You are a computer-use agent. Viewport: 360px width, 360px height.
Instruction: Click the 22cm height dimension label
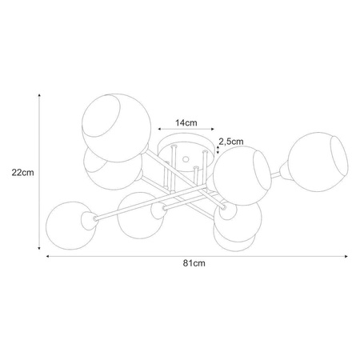[x=22, y=173]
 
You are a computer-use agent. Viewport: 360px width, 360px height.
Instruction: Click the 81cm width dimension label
[x=194, y=263]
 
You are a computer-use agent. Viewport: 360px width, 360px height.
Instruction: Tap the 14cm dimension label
[x=186, y=123]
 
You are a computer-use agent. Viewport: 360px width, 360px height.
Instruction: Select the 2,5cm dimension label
[x=231, y=142]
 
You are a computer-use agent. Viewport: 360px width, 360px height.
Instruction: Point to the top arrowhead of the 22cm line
[x=39, y=95]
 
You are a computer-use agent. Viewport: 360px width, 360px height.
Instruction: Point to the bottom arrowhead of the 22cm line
[x=39, y=248]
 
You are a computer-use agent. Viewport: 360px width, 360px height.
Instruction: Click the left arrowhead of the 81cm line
[x=48, y=256]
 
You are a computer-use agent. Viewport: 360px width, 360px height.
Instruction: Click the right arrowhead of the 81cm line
[x=346, y=256]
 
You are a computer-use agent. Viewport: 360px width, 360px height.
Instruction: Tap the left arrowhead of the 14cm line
[x=159, y=129]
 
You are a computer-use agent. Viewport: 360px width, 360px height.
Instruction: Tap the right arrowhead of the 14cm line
[x=213, y=129]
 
